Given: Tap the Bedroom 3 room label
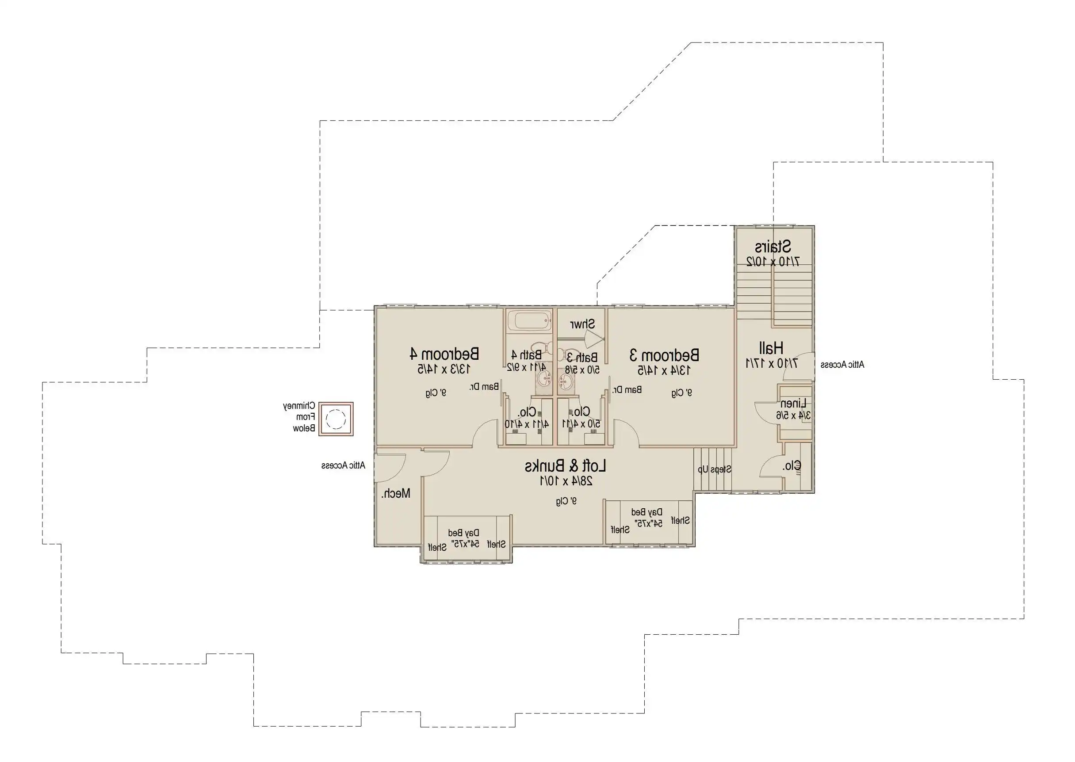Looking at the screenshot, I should click(x=664, y=355).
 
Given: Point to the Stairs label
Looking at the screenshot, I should click(x=773, y=246).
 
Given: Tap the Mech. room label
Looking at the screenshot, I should click(x=395, y=493).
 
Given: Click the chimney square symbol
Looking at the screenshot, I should click(x=336, y=419).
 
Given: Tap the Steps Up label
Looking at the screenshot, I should click(x=714, y=469).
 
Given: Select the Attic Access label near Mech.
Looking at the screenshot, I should click(x=343, y=465).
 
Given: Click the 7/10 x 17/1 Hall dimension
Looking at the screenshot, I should click(x=771, y=363).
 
